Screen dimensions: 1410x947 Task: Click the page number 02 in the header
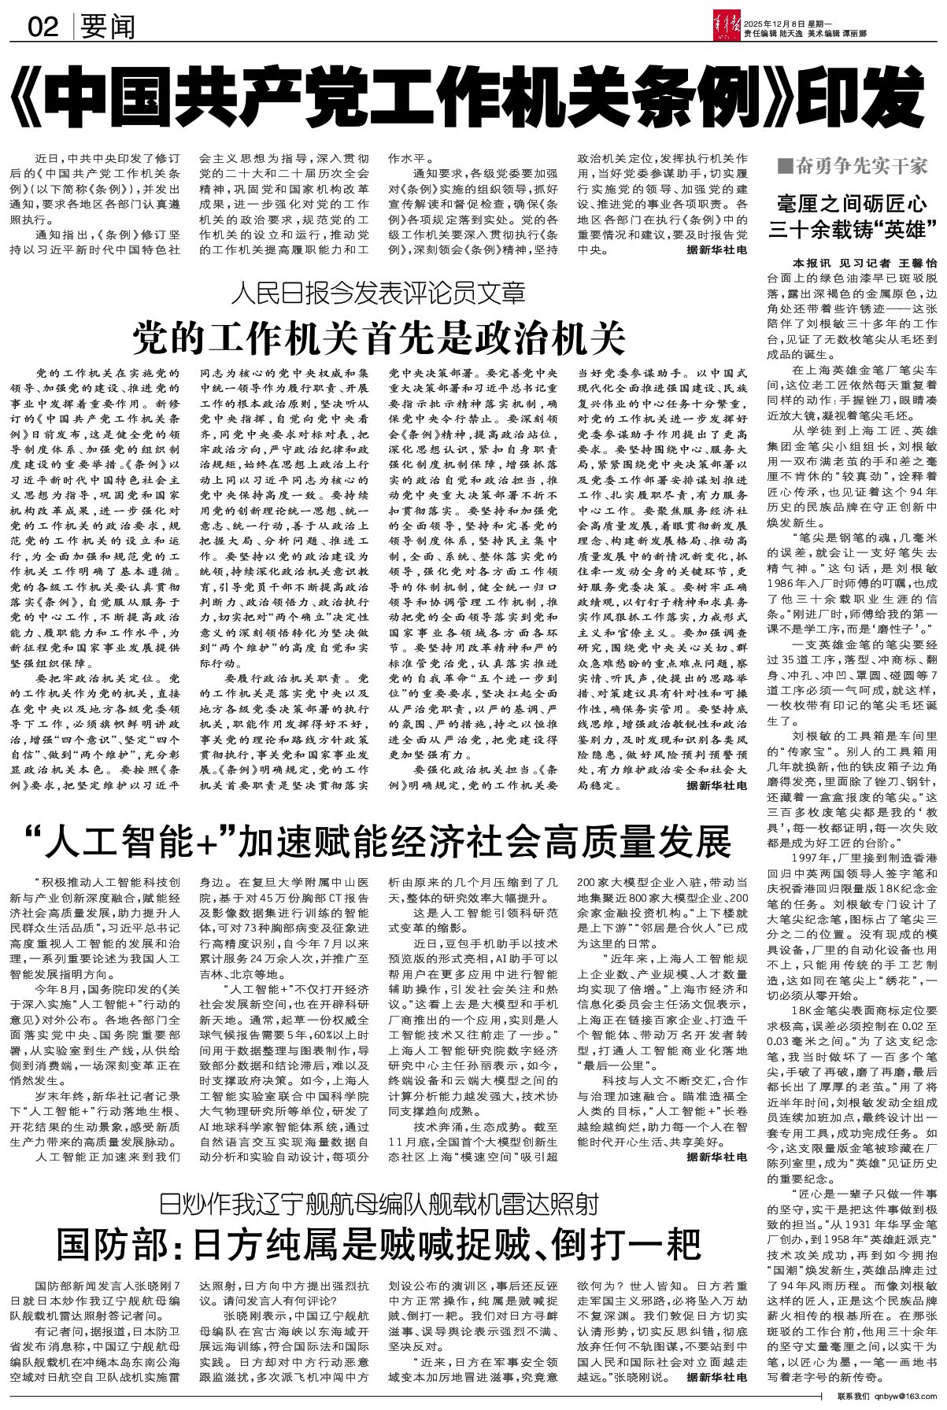coord(44,28)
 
